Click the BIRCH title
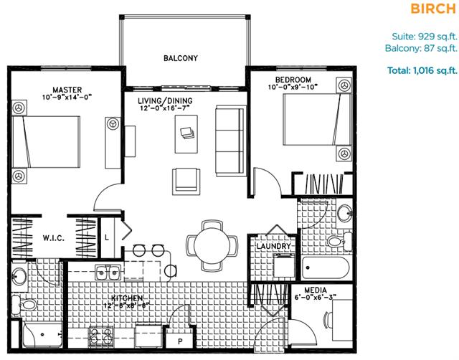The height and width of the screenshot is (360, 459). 429,9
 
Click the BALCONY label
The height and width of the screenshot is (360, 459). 180,57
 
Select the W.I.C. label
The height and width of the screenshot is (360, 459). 55,238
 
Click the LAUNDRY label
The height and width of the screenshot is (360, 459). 274,247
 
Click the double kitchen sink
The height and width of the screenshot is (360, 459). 108,272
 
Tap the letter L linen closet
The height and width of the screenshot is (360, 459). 108,237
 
